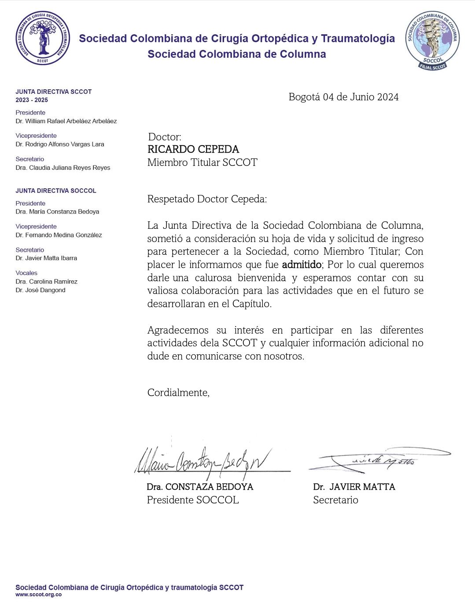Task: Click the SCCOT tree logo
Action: click(x=43, y=38)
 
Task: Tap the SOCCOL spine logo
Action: click(x=432, y=40)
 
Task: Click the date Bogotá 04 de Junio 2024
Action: click(x=343, y=97)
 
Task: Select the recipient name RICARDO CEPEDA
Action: click(x=193, y=149)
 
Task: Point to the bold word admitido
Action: click(x=302, y=264)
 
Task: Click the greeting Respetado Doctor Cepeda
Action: click(x=207, y=199)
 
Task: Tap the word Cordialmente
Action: click(x=178, y=393)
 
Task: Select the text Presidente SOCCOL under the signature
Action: click(x=193, y=500)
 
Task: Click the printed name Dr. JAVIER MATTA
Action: click(x=354, y=487)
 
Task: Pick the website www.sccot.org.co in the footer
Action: click(x=39, y=595)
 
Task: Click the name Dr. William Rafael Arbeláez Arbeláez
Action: click(x=66, y=121)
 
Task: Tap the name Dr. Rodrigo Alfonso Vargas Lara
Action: click(x=60, y=144)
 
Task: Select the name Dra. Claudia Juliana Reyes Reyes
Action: click(x=63, y=168)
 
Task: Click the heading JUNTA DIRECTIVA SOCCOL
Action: click(x=56, y=191)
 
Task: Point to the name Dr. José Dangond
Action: click(x=41, y=290)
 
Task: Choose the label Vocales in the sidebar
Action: click(x=26, y=273)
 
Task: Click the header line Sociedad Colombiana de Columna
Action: click(x=237, y=54)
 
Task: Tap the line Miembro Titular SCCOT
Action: click(x=202, y=162)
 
